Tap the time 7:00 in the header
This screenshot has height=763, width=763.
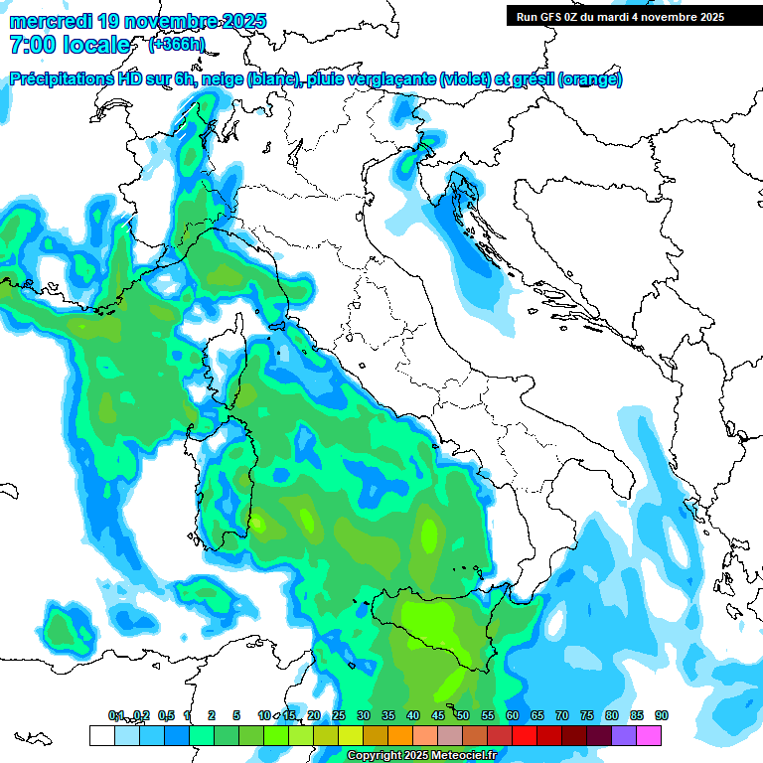point(32,45)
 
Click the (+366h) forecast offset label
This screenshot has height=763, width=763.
point(176,44)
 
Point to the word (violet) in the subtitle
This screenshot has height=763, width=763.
point(467,79)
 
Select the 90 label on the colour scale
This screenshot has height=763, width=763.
point(661,715)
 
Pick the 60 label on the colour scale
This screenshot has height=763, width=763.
point(512,715)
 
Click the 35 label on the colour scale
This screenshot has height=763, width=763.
point(388,715)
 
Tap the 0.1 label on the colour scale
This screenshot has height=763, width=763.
point(116,715)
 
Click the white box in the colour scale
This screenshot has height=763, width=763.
point(101,735)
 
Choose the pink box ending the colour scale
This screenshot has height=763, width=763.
point(649,735)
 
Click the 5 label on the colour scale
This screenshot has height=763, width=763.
point(236,715)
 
